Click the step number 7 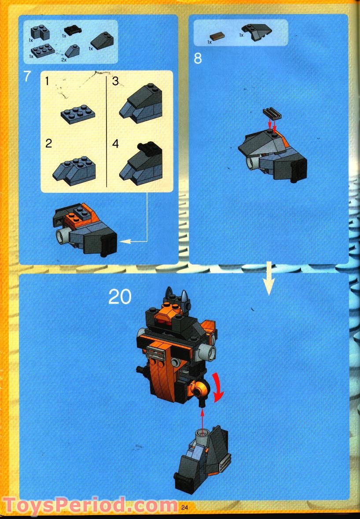tap(27, 77)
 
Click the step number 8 tap(198, 59)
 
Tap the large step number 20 tap(120, 297)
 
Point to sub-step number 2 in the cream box tap(48, 143)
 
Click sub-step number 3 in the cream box tap(115, 81)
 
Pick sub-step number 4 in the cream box tap(115, 144)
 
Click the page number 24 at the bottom tap(184, 507)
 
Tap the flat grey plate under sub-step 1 tap(77, 112)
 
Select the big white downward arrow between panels tap(268, 279)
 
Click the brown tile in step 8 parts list tap(217, 37)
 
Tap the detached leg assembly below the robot tap(202, 458)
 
